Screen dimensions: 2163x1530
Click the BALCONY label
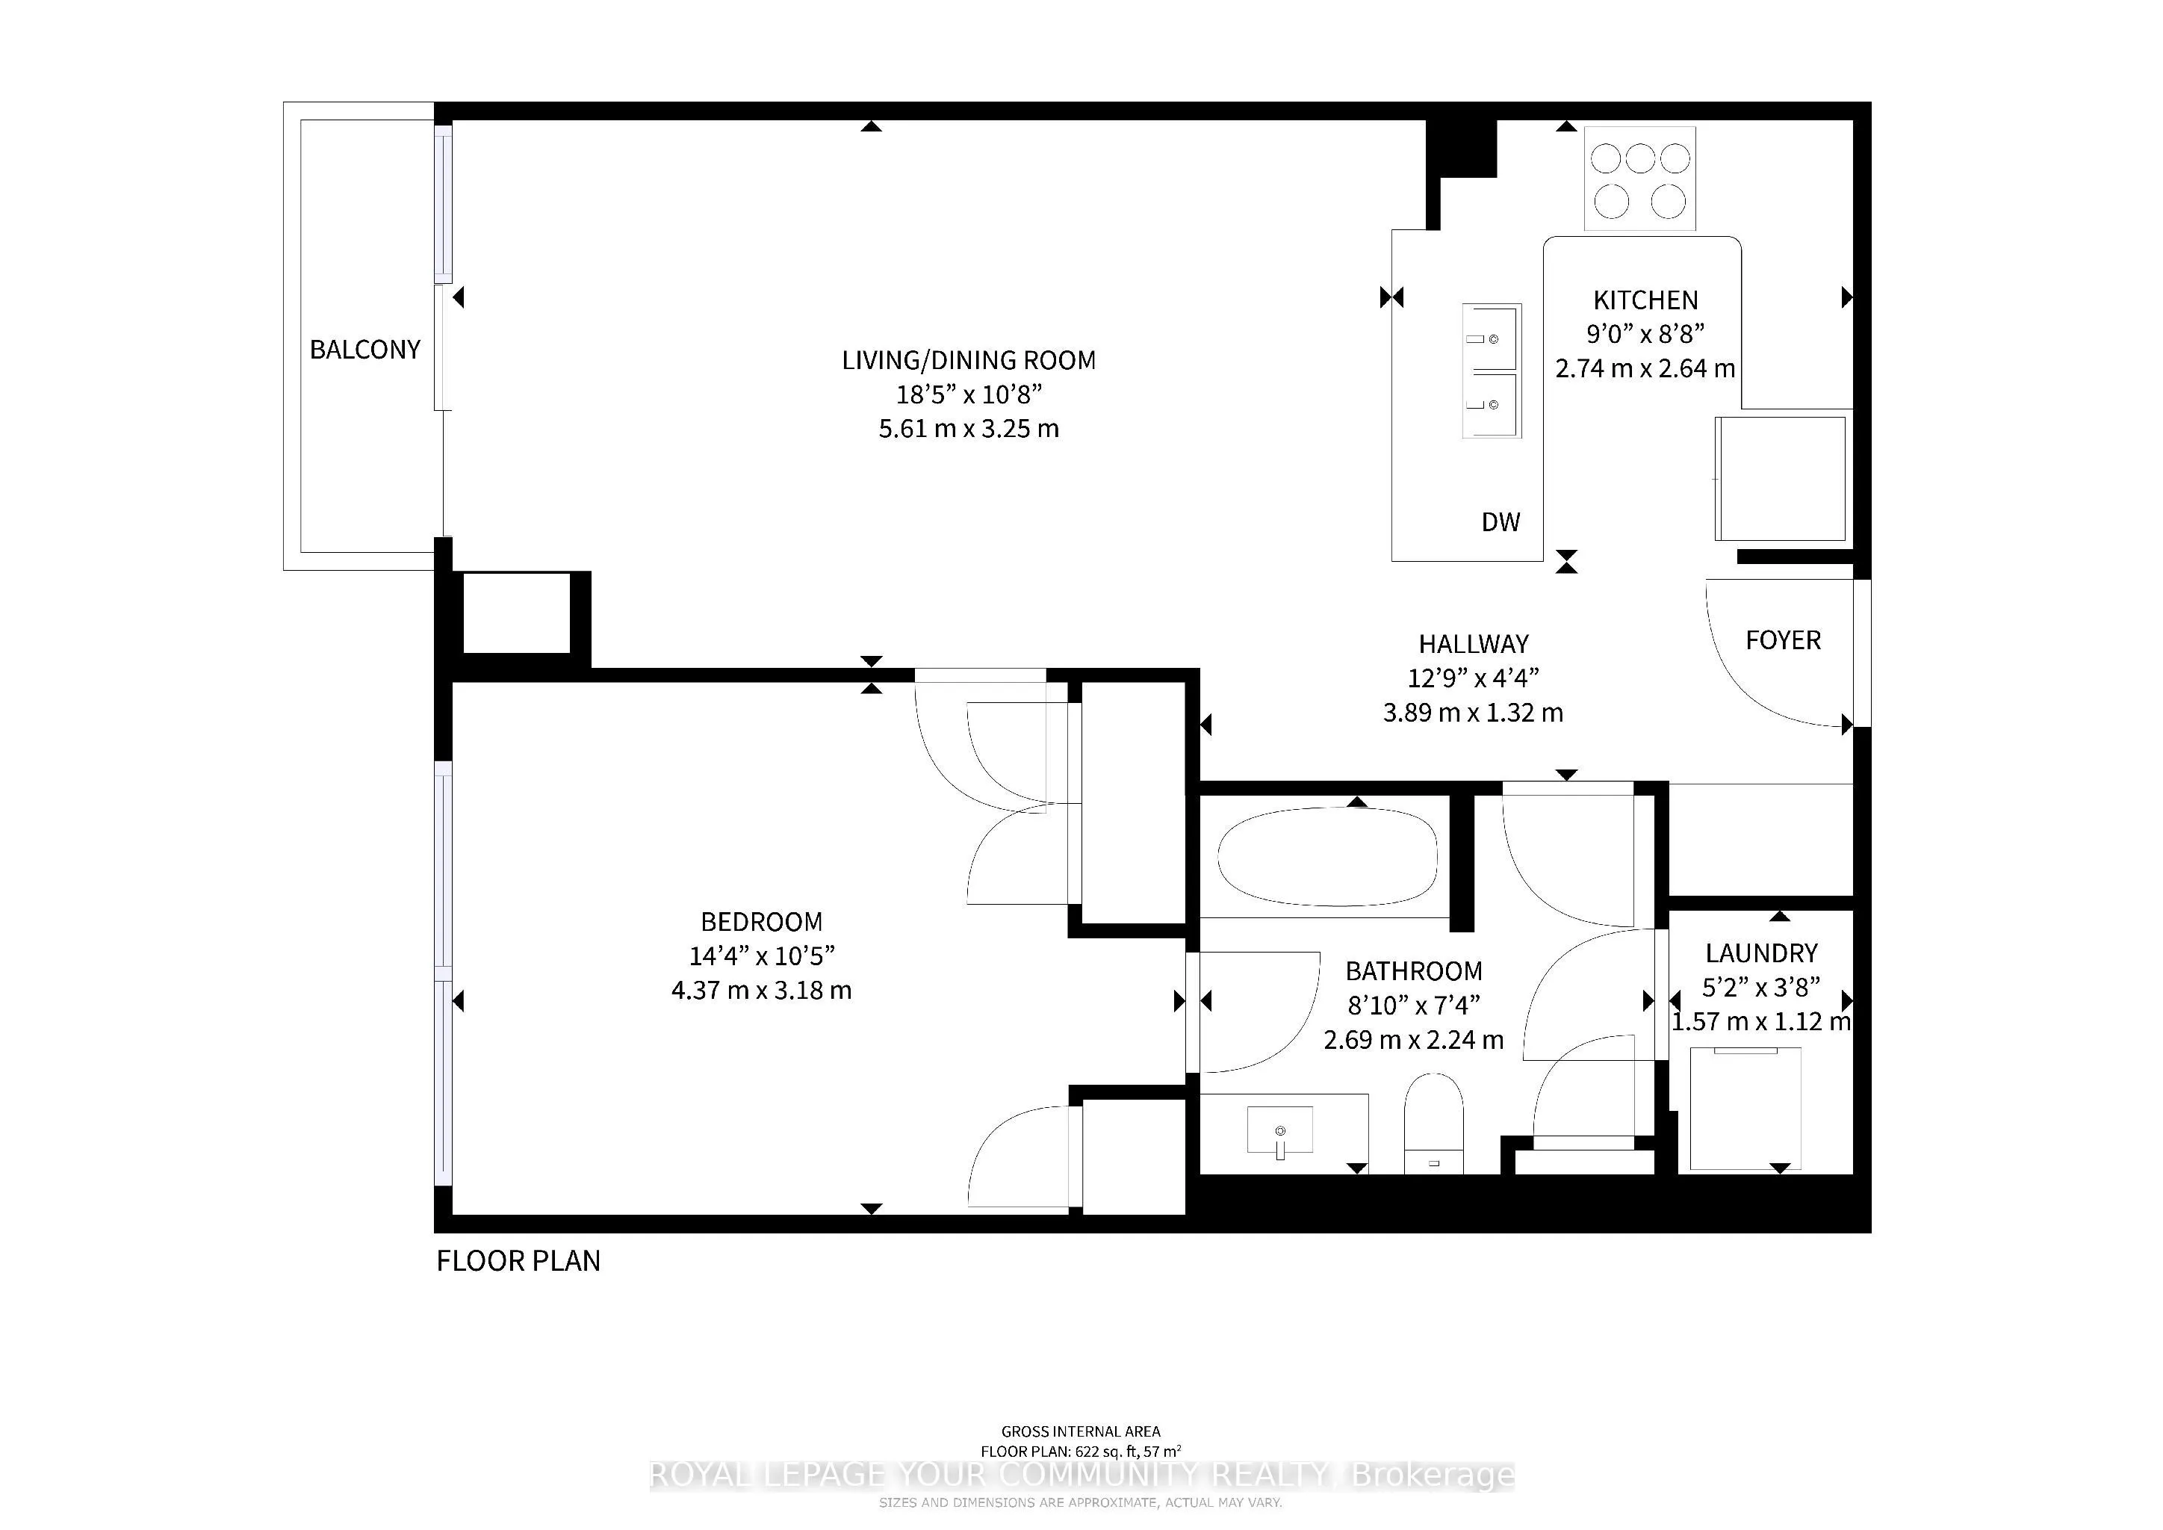tap(364, 350)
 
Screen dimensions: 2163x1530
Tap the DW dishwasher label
tap(1501, 522)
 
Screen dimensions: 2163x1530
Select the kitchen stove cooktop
tap(1640, 179)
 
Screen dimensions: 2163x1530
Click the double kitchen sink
tap(1492, 371)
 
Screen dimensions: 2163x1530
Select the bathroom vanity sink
tap(1280, 1130)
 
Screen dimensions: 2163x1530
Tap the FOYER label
tap(1784, 641)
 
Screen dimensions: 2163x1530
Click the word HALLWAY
tap(1474, 645)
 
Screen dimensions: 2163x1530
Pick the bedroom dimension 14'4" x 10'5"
tap(762, 956)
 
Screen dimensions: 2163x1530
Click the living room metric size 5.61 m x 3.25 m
tap(969, 429)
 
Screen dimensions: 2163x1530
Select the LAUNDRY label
tap(1760, 953)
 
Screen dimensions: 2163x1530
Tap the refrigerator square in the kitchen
tap(1780, 479)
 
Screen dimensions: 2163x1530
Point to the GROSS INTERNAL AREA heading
tap(1081, 1432)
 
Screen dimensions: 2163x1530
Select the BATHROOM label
tap(1413, 971)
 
